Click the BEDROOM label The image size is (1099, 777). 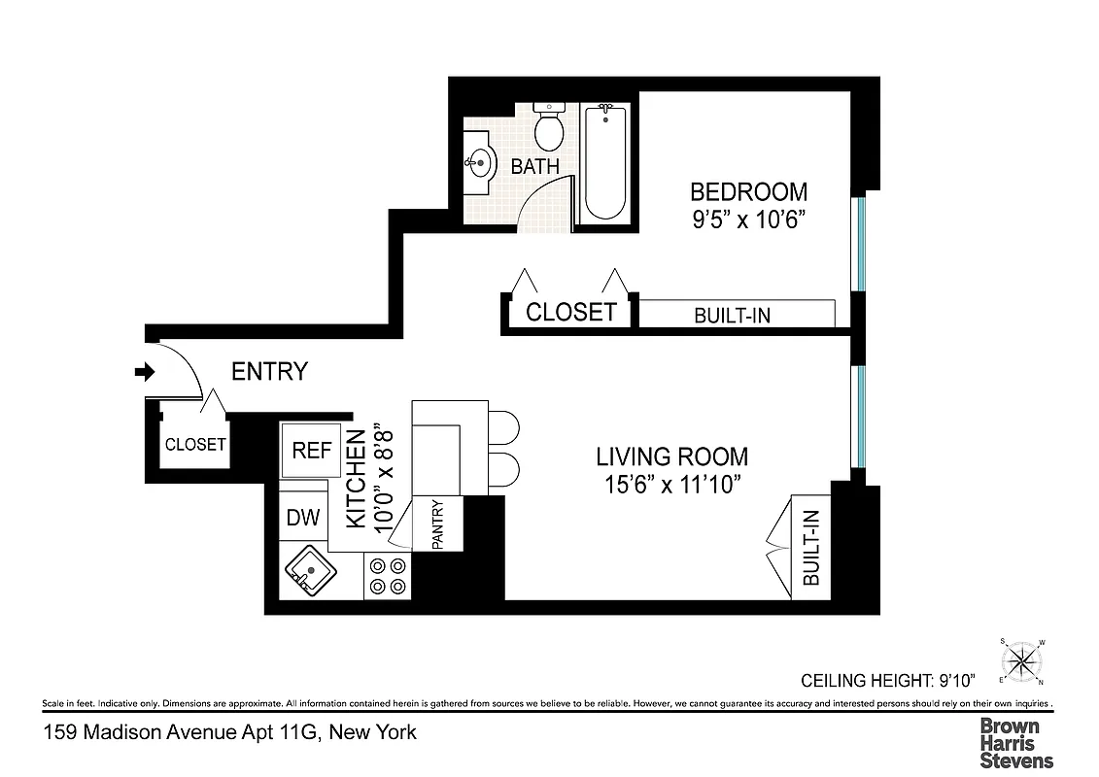coord(747,191)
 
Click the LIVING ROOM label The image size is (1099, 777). coord(671,456)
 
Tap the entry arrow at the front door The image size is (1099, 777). coord(145,372)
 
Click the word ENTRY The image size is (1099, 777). coord(269,372)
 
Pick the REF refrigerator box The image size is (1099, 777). coord(312,451)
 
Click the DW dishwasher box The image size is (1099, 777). coord(303,518)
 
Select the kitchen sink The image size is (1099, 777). coord(309,571)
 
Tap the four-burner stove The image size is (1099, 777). coord(387,576)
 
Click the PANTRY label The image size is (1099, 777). coord(437,524)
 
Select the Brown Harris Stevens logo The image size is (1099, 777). coord(1015,743)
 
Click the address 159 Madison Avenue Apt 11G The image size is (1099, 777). coord(230,732)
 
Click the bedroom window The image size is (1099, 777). coord(859,244)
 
